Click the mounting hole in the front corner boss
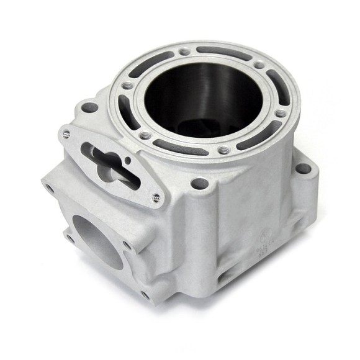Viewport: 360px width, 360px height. [199, 184]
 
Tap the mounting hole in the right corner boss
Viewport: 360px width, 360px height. [302, 168]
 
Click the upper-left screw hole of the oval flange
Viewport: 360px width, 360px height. [66, 132]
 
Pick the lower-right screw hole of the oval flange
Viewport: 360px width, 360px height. [155, 198]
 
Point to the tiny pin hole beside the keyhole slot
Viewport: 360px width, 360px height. [127, 160]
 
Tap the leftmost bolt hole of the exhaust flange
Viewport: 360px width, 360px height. [48, 184]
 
